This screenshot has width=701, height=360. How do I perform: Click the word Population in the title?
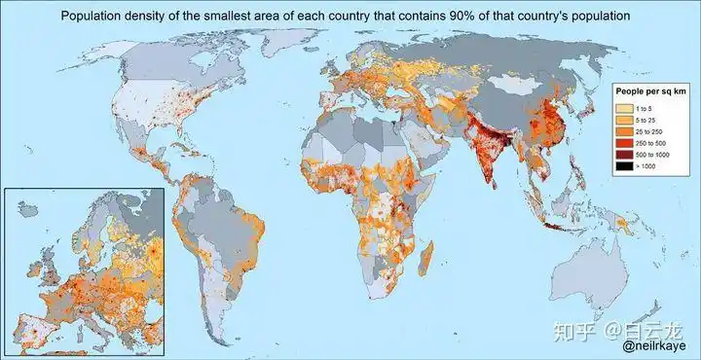[95, 17]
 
